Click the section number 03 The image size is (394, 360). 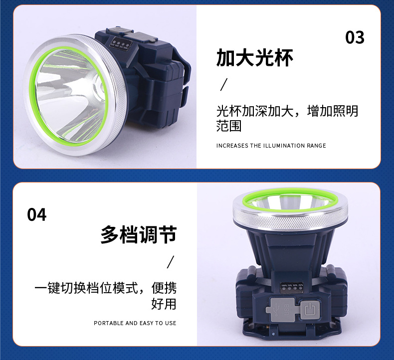point(355,37)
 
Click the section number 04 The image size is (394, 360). point(37,214)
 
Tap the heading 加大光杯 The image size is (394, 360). point(254,58)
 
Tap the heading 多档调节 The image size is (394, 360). point(138,234)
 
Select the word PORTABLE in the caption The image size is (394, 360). point(109,323)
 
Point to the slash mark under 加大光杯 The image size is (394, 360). point(224,84)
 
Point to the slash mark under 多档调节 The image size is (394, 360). point(170,262)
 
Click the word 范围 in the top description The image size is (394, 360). point(229,126)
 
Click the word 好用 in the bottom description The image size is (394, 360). point(164,303)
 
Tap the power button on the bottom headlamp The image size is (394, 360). point(311,309)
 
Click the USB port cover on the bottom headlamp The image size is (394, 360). point(282,309)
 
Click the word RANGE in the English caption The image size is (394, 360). point(316,146)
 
